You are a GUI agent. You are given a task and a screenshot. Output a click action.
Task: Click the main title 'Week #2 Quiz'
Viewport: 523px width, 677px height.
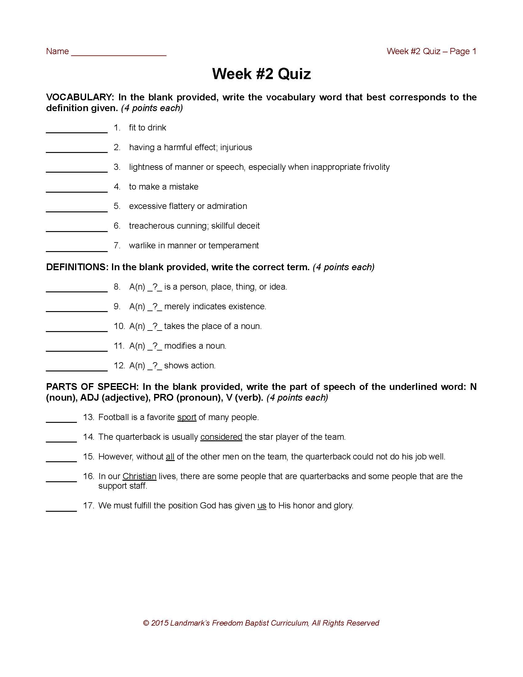[261, 74]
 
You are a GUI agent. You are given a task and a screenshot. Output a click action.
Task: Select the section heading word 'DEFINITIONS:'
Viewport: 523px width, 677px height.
[77, 267]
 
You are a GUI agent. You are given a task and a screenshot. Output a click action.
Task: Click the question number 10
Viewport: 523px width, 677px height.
[119, 326]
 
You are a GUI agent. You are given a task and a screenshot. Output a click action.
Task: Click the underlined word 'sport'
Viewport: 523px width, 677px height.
[186, 417]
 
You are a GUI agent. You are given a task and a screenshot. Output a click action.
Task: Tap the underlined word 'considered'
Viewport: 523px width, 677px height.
[221, 437]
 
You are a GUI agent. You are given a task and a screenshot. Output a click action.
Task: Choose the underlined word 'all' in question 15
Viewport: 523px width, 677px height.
[170, 457]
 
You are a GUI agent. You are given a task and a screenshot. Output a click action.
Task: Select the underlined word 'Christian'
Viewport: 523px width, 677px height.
[139, 476]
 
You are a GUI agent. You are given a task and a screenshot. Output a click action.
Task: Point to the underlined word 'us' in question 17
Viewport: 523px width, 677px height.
[261, 506]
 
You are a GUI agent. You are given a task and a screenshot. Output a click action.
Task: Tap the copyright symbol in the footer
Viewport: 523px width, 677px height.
[146, 623]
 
